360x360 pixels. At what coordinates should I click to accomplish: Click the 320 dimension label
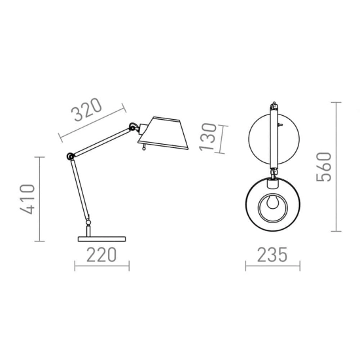(86, 109)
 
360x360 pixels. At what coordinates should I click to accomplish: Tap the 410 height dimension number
(27, 199)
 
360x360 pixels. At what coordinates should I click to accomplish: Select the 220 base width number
(101, 255)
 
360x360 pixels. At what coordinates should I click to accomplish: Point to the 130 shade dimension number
(208, 137)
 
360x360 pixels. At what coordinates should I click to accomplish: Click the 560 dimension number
(324, 167)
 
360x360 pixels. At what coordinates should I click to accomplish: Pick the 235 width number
(272, 255)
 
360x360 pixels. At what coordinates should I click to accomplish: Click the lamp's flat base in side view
(101, 239)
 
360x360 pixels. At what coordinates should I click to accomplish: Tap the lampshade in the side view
(164, 133)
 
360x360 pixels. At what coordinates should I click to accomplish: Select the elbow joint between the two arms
(70, 156)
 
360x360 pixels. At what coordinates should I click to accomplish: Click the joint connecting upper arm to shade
(133, 127)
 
